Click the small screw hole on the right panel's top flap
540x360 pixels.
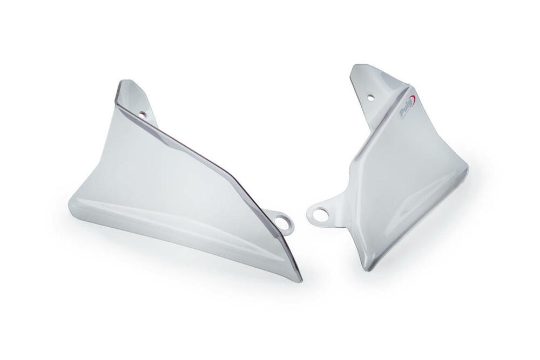(x=370, y=97)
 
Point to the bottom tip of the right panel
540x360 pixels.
(x=368, y=268)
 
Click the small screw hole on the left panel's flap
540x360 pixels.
(x=143, y=114)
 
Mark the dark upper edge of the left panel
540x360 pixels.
(x=205, y=157)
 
